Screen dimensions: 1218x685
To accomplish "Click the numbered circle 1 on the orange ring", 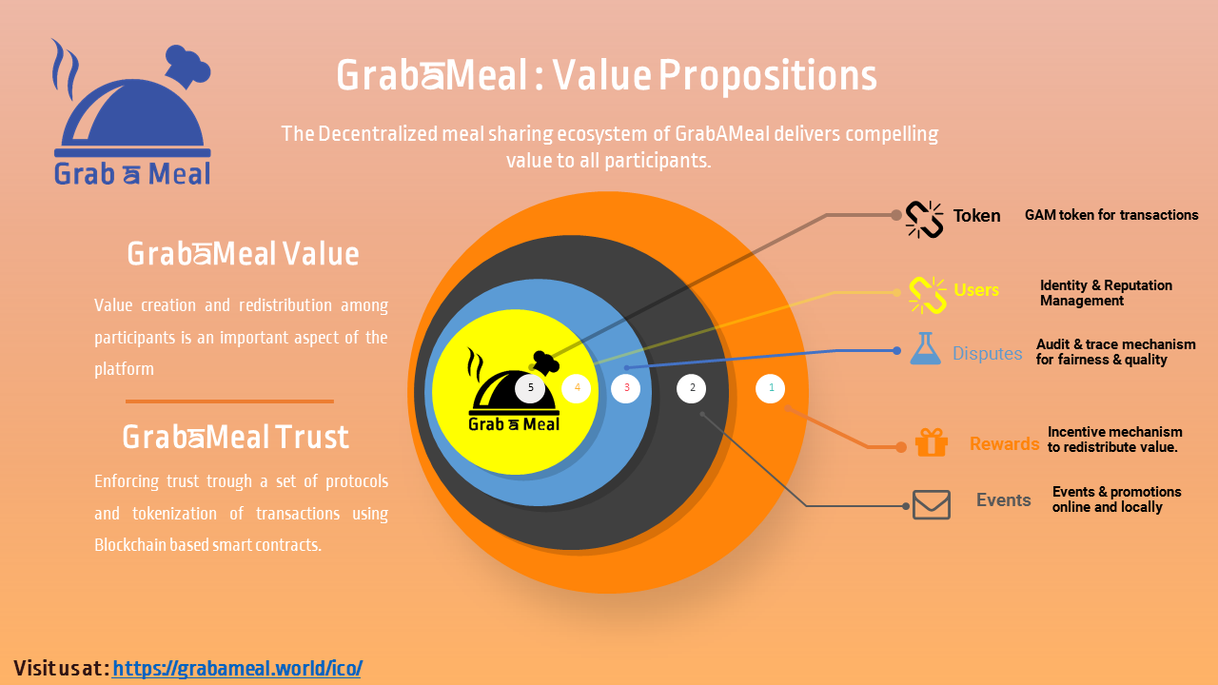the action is pyautogui.click(x=770, y=388).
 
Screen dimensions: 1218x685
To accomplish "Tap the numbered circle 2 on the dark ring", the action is pyautogui.click(x=691, y=388).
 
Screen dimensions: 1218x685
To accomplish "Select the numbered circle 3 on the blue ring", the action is pyautogui.click(x=625, y=388).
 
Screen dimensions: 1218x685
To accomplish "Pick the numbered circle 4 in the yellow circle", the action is pyautogui.click(x=577, y=388).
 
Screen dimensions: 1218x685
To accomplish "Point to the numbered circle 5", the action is pyautogui.click(x=530, y=388).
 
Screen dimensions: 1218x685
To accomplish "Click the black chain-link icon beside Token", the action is pyautogui.click(x=924, y=220).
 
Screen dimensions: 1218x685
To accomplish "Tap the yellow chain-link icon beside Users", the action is pyautogui.click(x=928, y=295).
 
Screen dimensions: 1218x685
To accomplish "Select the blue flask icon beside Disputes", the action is pyautogui.click(x=925, y=348).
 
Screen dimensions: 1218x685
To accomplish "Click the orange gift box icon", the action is pyautogui.click(x=932, y=442).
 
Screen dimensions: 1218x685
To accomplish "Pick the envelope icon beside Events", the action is pyautogui.click(x=932, y=504).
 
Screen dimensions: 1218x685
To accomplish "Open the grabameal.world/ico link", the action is pyautogui.click(x=237, y=668).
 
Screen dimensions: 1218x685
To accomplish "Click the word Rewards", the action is pyautogui.click(x=1004, y=443).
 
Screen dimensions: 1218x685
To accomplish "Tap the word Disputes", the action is pyautogui.click(x=987, y=353).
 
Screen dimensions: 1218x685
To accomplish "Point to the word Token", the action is pyautogui.click(x=976, y=216).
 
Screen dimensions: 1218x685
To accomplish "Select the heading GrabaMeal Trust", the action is pyautogui.click(x=235, y=437).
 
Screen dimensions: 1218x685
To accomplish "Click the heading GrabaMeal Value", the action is pyautogui.click(x=243, y=253).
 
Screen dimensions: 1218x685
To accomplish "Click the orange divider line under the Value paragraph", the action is pyautogui.click(x=229, y=401).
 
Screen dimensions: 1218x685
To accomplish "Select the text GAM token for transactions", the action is pyautogui.click(x=1111, y=215).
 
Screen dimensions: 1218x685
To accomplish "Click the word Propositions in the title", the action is pyautogui.click(x=768, y=75).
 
